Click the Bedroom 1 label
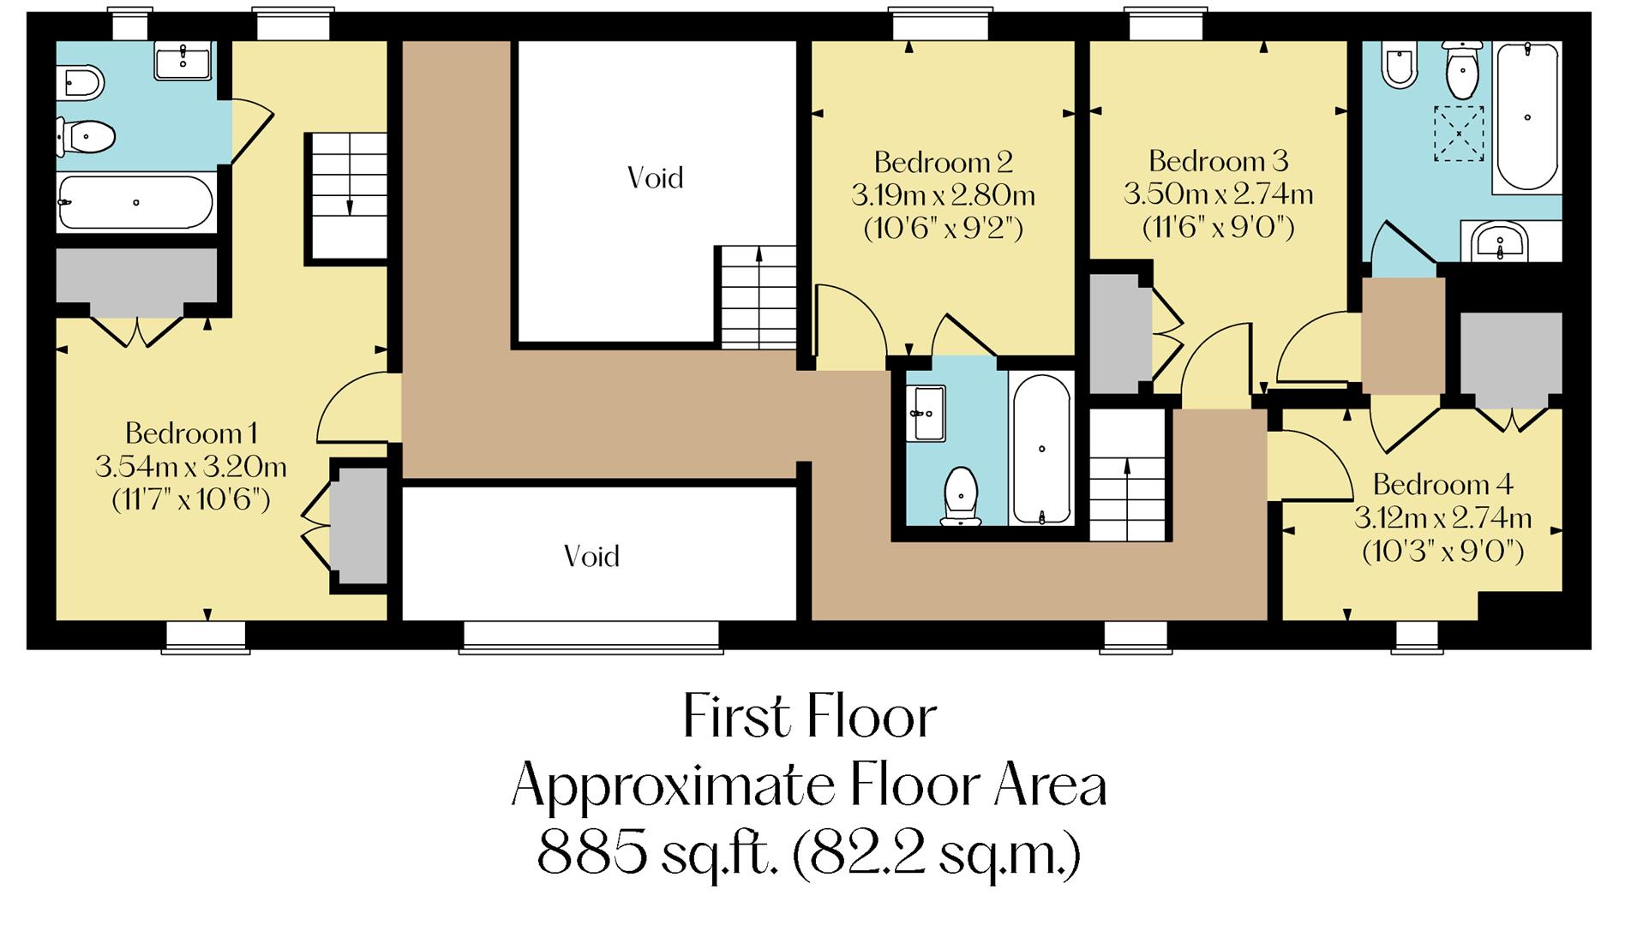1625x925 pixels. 190,433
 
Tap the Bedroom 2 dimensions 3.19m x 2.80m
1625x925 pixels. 943,196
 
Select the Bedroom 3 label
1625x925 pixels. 1218,161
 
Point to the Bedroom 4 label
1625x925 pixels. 1442,485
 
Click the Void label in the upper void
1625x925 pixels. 655,178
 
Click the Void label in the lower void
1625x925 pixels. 591,557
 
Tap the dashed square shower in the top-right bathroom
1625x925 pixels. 1459,133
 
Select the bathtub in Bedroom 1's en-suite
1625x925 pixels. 135,203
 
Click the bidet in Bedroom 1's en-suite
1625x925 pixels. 81,84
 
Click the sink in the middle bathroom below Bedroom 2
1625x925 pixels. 926,413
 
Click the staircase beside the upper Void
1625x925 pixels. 757,295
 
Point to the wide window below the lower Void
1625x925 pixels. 591,637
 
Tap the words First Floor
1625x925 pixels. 809,718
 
